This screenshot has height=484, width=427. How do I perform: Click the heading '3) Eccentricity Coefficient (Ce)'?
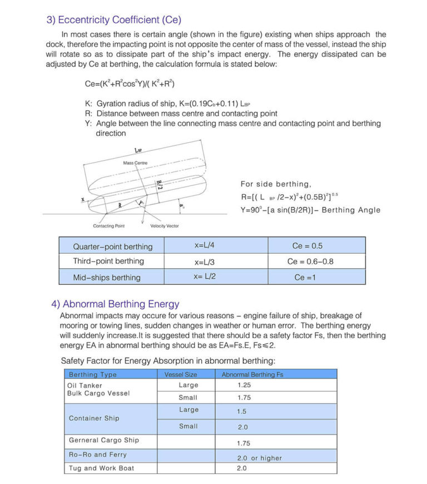tap(114, 20)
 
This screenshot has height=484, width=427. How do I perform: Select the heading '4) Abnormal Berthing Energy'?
tap(115, 304)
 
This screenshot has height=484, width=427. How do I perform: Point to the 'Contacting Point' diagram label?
tap(108, 226)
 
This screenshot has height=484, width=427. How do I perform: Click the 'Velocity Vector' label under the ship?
tap(165, 226)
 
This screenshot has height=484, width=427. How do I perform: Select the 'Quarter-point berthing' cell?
tap(112, 246)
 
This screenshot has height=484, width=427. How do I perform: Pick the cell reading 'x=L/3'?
tap(205, 261)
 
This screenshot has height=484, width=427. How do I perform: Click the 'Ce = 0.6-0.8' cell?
tap(310, 261)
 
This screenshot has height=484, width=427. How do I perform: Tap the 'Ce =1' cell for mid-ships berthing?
tap(305, 277)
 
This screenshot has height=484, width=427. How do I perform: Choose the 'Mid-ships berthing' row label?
tap(107, 277)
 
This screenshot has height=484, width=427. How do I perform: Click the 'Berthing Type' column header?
tap(93, 374)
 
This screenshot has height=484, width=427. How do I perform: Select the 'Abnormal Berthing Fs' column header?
tap(252, 374)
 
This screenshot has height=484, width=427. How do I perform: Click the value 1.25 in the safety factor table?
tap(244, 385)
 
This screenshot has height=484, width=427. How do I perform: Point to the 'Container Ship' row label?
tap(94, 418)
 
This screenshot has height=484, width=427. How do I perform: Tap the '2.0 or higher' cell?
tap(259, 458)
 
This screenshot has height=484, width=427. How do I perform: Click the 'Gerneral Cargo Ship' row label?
tap(104, 440)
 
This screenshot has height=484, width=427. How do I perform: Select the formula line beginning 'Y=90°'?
tap(310, 210)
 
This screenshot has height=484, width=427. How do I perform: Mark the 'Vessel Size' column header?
tap(181, 374)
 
